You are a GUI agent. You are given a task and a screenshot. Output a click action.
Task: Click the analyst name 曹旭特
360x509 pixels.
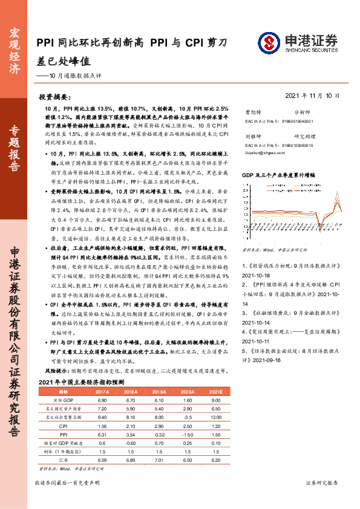coord(252,112)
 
